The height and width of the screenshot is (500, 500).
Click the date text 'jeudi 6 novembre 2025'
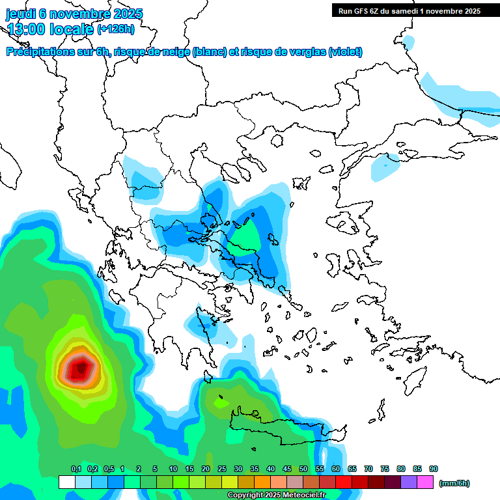(75, 14)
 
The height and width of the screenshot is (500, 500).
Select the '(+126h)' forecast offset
(117, 29)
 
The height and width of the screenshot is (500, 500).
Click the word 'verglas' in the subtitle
(306, 52)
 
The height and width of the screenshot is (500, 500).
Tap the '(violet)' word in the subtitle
(345, 52)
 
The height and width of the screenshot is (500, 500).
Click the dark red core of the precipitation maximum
(79, 370)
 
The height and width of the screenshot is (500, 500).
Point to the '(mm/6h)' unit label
(454, 483)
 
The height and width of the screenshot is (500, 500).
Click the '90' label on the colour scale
(434, 469)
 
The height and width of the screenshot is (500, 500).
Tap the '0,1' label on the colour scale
(76, 469)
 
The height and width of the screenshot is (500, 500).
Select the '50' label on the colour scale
(303, 469)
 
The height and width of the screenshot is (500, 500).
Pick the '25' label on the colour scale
(222, 469)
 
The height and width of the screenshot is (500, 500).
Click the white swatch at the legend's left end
(66, 482)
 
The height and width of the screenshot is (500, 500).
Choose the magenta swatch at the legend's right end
(425, 482)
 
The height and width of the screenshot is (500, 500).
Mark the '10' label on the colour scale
(173, 469)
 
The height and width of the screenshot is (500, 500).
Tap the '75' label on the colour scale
(385, 469)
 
